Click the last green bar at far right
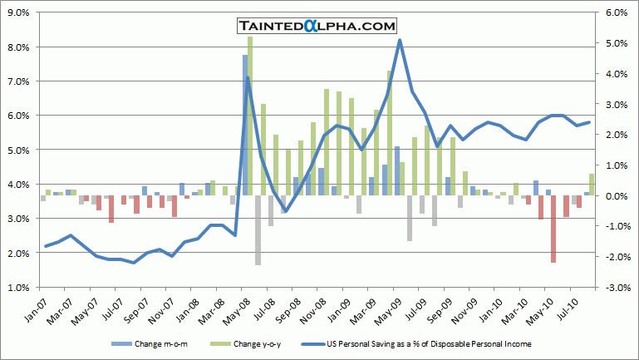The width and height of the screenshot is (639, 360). click(592, 185)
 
